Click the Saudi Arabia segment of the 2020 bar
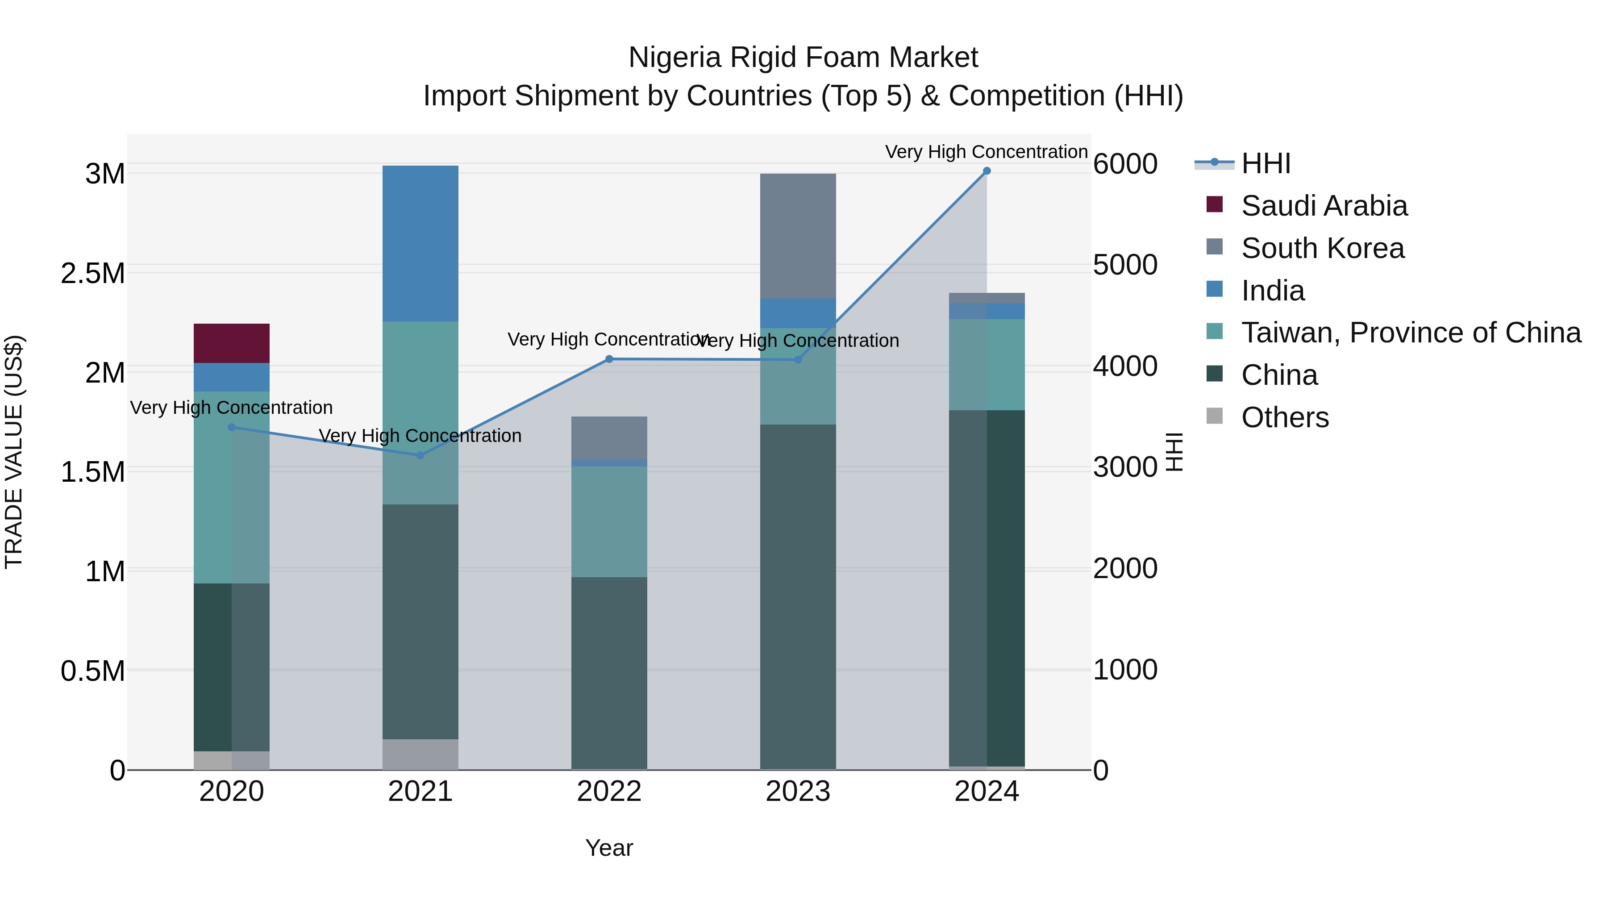click(231, 343)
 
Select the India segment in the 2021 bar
click(420, 243)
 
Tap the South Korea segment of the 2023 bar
click(797, 236)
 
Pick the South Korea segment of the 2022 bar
click(609, 437)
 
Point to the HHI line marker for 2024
click(986, 171)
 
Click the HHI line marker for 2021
click(420, 455)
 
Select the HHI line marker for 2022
click(609, 359)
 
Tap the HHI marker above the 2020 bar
click(231, 427)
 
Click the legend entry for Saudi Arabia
click(1324, 206)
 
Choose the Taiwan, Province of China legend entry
click(1411, 333)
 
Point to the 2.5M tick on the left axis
click(92, 273)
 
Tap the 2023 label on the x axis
click(797, 792)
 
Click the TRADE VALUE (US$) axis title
click(14, 452)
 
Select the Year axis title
click(609, 848)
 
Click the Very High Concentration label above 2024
click(986, 152)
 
